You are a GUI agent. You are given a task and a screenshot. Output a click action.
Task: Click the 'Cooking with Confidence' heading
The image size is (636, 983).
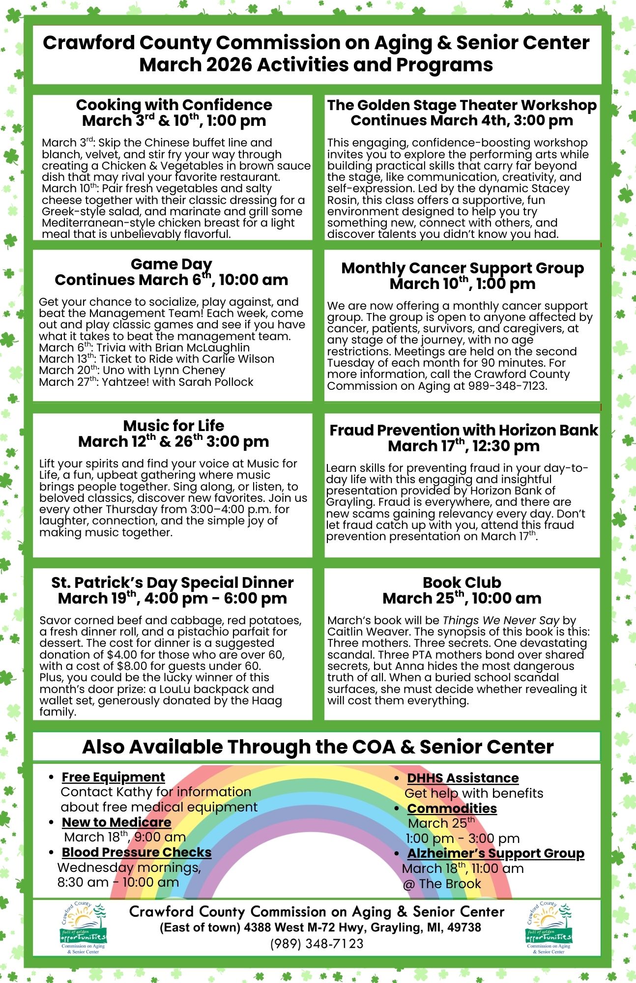coord(173,105)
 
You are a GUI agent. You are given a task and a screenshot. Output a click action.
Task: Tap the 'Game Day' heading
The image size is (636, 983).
coord(171,264)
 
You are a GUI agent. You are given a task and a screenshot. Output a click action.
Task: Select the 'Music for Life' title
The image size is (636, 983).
coord(173,425)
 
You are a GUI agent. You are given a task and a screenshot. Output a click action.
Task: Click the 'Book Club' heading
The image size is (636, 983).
coord(462,582)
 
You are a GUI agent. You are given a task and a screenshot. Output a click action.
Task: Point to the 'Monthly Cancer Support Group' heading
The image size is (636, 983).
coord(462,268)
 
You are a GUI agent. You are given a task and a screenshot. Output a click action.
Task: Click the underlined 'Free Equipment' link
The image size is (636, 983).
coord(113,777)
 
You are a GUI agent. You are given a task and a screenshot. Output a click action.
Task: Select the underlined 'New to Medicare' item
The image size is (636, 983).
coord(116,822)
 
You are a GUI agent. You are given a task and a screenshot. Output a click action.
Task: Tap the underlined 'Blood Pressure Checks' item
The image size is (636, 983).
coord(137,852)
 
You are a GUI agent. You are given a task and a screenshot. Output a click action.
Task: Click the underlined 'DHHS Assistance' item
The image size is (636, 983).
coord(463,778)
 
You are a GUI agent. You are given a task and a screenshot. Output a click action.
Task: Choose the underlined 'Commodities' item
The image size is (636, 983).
coord(452,809)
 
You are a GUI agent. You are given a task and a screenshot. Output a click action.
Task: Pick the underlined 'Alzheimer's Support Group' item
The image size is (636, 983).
coord(495,853)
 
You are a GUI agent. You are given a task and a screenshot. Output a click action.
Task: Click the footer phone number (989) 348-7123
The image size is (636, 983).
coord(317,944)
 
